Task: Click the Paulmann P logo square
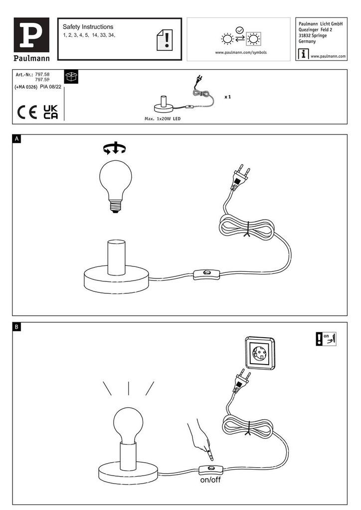(31, 35)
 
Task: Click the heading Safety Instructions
(88, 27)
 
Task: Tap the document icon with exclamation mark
(165, 40)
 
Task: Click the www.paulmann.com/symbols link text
(240, 52)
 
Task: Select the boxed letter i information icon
(303, 54)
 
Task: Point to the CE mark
(27, 113)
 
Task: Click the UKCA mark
(51, 112)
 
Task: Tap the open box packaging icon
(71, 77)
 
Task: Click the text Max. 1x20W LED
(163, 119)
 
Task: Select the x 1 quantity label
(227, 97)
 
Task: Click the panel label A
(17, 139)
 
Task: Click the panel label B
(17, 327)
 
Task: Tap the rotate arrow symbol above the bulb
(115, 148)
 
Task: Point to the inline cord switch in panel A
(207, 274)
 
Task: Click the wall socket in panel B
(260, 353)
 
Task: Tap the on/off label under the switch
(210, 480)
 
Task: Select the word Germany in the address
(307, 41)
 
